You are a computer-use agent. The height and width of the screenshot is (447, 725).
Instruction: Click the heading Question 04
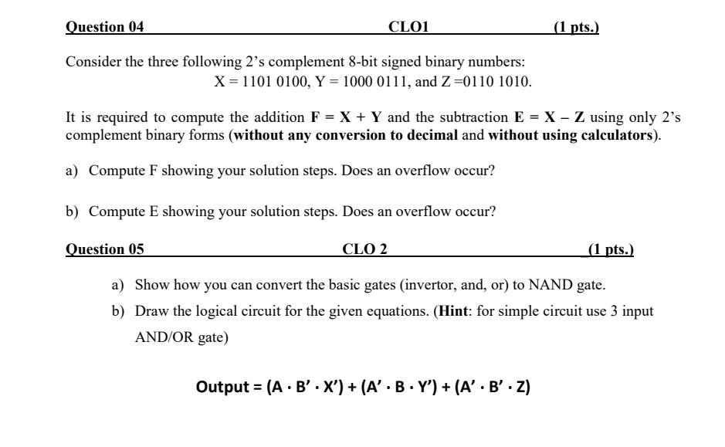(x=105, y=27)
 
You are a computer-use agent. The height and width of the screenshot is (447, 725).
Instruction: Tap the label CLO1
(x=408, y=27)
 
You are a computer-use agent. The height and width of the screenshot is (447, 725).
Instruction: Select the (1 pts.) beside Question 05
(x=611, y=249)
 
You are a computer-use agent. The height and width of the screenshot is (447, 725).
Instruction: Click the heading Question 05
(x=105, y=249)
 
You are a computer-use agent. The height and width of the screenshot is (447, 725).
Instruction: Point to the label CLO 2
(x=365, y=249)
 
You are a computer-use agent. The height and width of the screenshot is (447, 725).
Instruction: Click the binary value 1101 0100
(x=270, y=81)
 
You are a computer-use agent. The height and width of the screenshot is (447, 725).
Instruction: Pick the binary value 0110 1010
(x=496, y=81)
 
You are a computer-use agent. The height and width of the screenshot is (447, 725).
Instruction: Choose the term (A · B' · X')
(x=306, y=386)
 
